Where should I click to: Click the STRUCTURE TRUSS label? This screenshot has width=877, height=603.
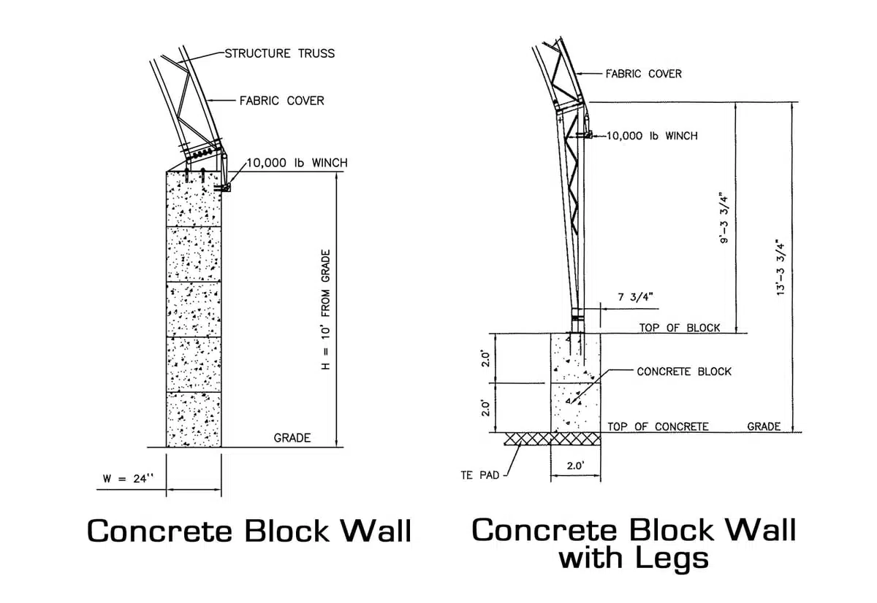(x=279, y=53)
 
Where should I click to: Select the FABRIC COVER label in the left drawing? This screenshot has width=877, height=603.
(x=281, y=100)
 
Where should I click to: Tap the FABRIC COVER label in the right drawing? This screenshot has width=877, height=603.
(x=643, y=74)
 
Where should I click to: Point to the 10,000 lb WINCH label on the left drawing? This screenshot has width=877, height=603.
(x=297, y=162)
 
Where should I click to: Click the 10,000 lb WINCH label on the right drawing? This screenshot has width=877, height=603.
(x=652, y=136)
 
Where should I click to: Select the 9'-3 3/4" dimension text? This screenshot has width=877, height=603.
(x=724, y=218)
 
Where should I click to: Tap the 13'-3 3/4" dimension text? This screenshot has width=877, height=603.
(x=782, y=266)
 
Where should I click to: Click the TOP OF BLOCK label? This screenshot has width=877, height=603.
(x=680, y=328)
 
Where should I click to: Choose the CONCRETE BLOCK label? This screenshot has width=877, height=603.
(x=684, y=372)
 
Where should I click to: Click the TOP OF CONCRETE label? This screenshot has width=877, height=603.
(x=658, y=426)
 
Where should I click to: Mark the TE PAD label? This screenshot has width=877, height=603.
(x=480, y=475)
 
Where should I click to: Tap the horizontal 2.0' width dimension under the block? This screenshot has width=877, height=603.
(x=575, y=465)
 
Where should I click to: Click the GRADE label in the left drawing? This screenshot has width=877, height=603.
(x=292, y=438)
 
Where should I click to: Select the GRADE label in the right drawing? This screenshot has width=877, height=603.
(x=764, y=426)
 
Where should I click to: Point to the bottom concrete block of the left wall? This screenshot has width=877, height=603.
(x=194, y=419)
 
